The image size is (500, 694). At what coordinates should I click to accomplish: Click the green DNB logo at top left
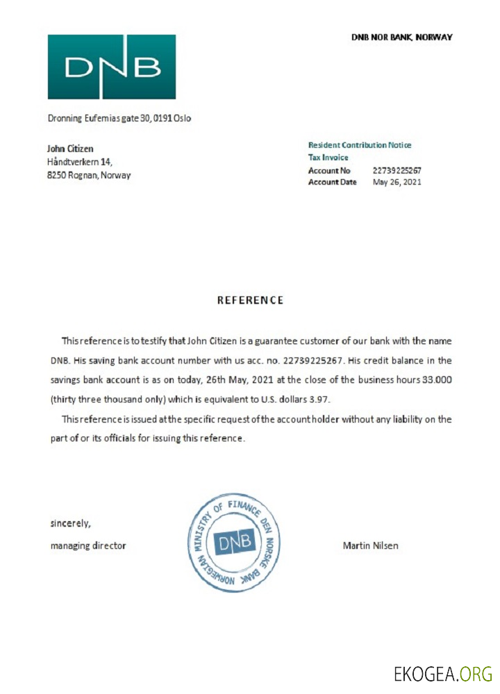[111, 67]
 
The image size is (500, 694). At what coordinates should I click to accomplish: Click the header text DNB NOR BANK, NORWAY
[401, 37]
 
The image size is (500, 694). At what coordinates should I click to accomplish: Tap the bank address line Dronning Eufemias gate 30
[119, 118]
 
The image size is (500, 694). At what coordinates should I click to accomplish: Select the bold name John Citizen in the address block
[70, 149]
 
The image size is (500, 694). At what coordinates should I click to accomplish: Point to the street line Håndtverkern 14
[79, 162]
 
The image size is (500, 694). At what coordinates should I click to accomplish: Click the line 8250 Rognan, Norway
[89, 175]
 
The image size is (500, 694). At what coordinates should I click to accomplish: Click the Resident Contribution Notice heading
[360, 145]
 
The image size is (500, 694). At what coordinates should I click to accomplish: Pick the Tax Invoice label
[328, 158]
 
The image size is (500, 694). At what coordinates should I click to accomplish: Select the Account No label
[329, 170]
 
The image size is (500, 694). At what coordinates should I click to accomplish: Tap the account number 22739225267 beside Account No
[397, 170]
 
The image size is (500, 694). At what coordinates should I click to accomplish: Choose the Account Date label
[333, 182]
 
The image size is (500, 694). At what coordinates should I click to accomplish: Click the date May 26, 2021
[397, 182]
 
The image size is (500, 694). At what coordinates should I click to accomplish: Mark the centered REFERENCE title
[250, 301]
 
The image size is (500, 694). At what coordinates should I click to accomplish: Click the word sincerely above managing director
[70, 523]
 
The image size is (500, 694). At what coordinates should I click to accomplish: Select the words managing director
[88, 545]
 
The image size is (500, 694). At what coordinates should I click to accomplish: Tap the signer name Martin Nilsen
[371, 545]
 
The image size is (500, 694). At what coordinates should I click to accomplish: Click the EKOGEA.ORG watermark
[443, 673]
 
